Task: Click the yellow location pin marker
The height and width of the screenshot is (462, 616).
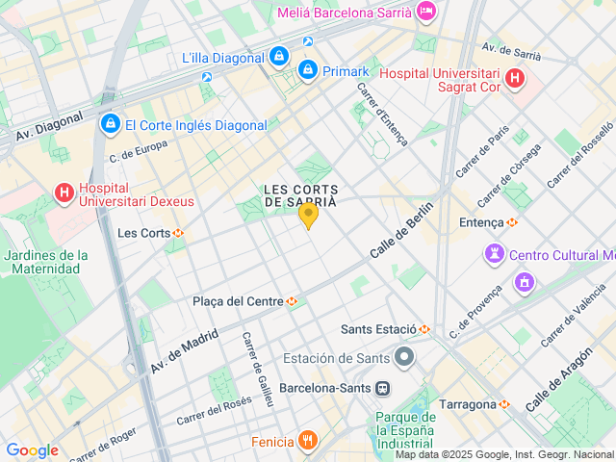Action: click(308, 215)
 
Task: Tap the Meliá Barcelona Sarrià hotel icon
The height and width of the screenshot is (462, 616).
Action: click(426, 12)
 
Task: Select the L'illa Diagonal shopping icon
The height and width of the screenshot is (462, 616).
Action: click(278, 58)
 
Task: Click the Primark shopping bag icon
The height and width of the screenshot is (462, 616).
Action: click(308, 69)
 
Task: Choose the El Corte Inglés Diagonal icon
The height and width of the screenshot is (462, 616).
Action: click(110, 124)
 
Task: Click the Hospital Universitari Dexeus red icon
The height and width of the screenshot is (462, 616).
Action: click(64, 192)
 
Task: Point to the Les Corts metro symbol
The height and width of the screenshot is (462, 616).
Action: click(178, 233)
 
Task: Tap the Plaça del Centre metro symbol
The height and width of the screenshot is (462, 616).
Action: click(292, 301)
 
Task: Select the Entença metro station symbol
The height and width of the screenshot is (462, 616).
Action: click(512, 222)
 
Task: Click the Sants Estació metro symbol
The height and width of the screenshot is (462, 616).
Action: click(423, 329)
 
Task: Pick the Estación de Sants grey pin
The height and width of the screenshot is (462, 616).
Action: click(404, 358)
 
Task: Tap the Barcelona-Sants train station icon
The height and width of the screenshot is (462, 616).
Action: click(383, 388)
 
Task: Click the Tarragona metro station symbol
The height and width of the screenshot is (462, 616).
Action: click(503, 404)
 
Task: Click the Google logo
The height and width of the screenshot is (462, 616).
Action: click(33, 450)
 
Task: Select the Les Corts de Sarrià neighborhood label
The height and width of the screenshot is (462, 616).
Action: click(301, 194)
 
